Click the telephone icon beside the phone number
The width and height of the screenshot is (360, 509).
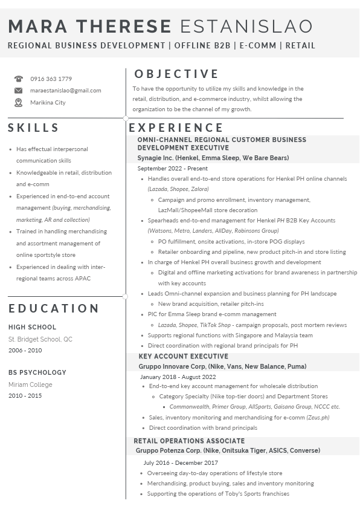19,79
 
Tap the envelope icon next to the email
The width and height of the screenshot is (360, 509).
19,91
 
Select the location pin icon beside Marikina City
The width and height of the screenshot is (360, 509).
19,103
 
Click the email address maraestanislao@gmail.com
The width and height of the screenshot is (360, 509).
66,91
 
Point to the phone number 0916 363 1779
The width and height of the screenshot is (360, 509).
51,79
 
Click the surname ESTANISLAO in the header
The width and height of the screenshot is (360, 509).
246,26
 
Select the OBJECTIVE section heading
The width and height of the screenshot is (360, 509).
176,74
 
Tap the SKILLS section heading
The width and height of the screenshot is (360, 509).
34,128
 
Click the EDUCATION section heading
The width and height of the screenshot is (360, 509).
54,308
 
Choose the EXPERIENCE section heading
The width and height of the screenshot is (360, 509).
176,128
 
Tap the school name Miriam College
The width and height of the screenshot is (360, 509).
30,384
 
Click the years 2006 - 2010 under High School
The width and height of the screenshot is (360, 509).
25,350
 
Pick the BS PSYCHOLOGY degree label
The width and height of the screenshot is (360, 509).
37,372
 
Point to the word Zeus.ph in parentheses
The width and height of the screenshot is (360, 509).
318,417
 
